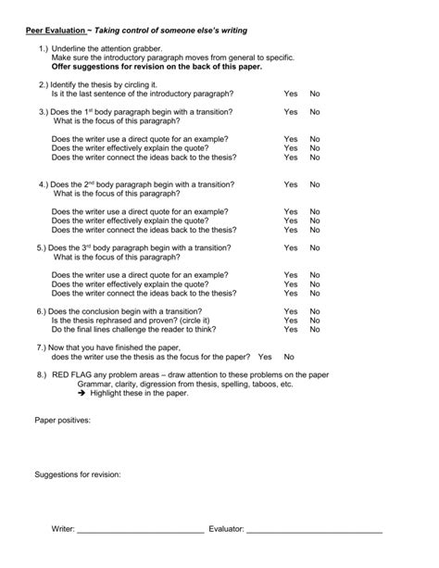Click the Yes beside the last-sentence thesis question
pos(291,95)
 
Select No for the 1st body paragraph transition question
pos(315,111)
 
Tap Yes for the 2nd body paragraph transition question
pos(291,184)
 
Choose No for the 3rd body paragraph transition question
pos(315,247)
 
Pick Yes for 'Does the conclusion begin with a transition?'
pos(291,311)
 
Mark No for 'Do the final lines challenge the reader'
pos(315,329)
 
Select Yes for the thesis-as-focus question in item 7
pos(265,356)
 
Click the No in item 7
pos(289,356)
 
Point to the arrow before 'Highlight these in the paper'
pos(82,393)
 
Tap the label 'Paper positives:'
pos(63,420)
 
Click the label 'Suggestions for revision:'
pos(78,475)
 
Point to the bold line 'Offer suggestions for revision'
pos(157,66)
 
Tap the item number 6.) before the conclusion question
pos(41,311)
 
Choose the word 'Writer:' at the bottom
pos(63,529)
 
